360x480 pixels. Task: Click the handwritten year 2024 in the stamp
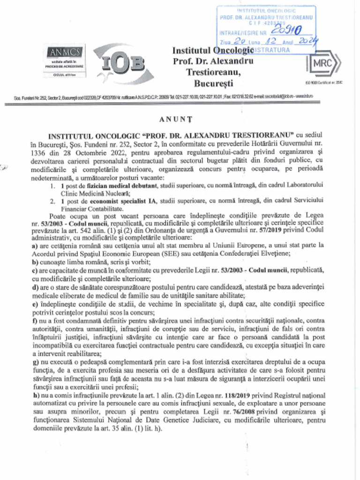[307, 42]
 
